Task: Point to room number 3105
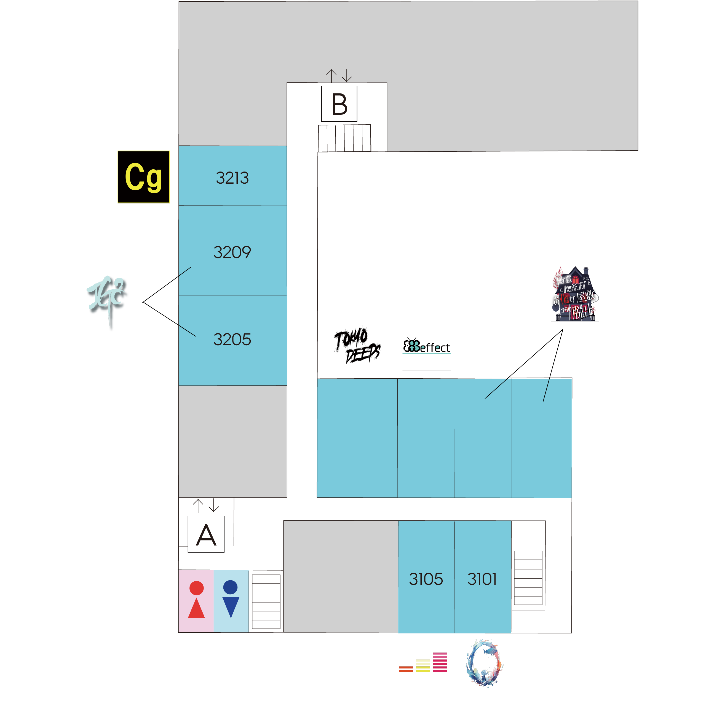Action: point(426,579)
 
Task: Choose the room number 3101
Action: point(482,579)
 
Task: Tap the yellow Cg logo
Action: point(143,177)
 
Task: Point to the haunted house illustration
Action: point(574,294)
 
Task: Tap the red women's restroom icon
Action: point(196,600)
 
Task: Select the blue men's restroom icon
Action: point(231,599)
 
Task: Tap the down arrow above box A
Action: point(214,506)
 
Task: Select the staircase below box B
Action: point(345,138)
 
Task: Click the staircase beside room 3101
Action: point(528,578)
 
